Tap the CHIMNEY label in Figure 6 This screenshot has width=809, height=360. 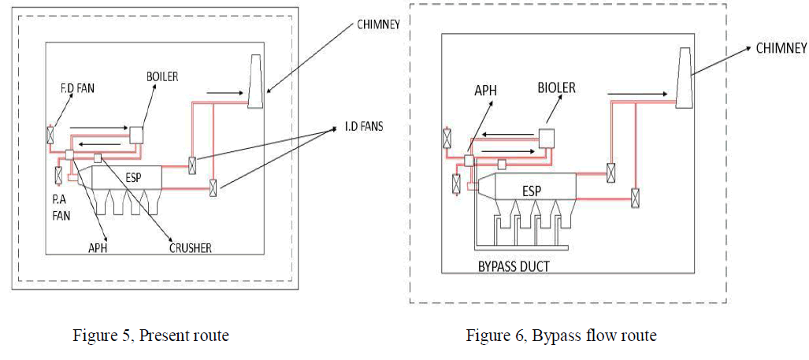point(781,48)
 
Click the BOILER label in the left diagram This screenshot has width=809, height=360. point(162,76)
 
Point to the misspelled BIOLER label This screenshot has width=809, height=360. point(556,87)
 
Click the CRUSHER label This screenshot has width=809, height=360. point(189,248)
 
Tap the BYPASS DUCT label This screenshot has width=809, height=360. point(513,267)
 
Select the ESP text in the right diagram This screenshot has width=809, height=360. point(533,191)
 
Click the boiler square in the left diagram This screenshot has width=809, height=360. point(136,134)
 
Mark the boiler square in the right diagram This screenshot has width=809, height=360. point(545,135)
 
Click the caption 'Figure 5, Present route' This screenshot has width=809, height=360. point(150,336)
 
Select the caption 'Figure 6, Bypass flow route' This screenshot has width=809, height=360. point(561,336)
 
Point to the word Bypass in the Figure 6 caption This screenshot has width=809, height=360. point(555,336)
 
